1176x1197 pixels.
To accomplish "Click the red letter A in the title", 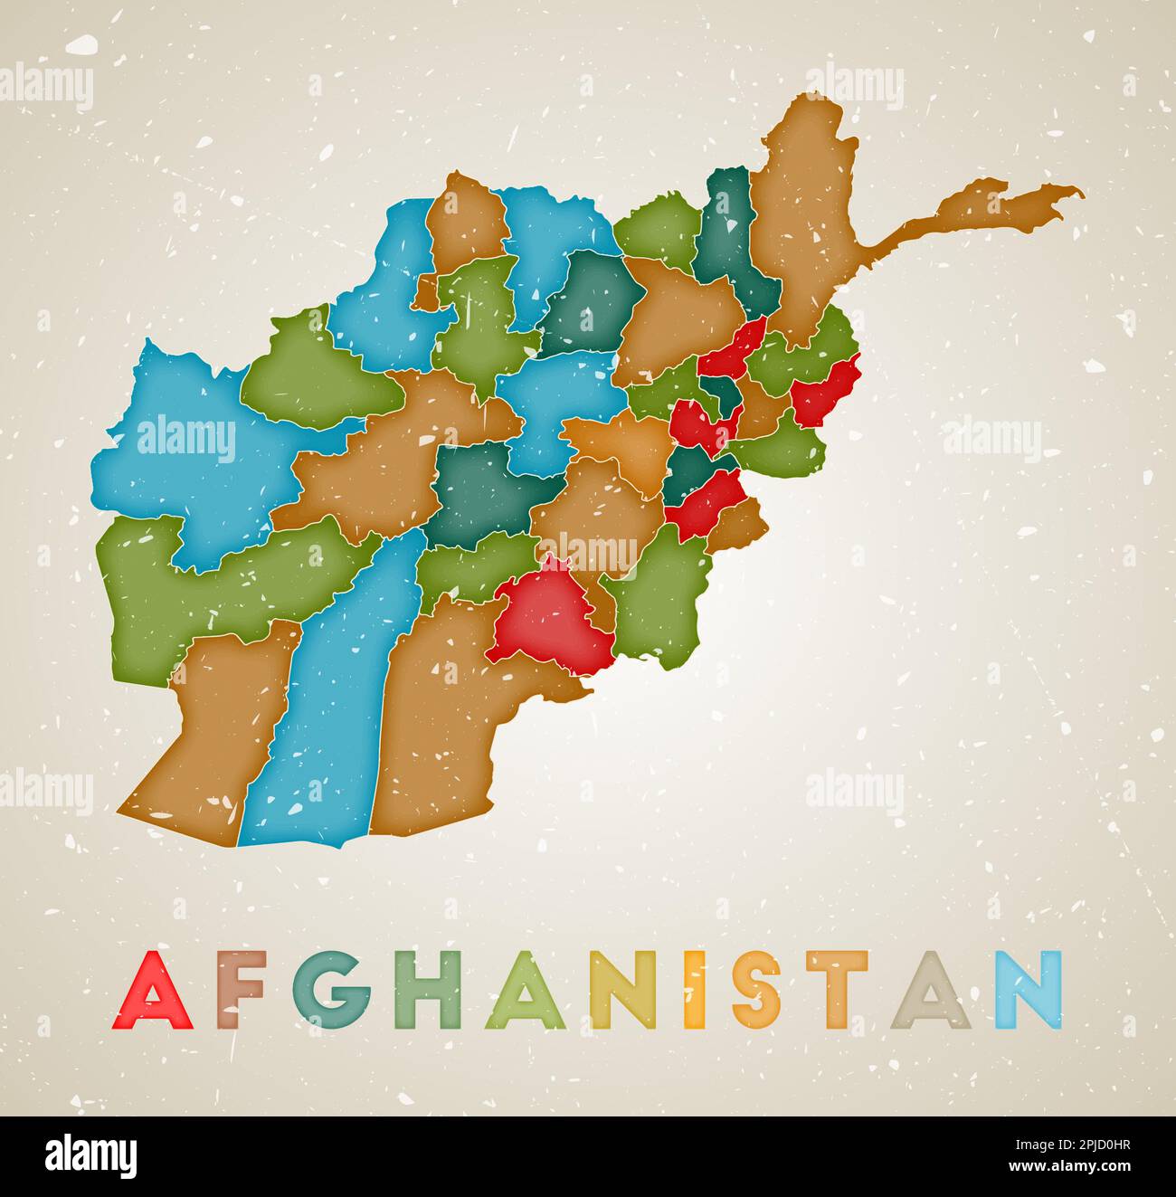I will tap(152, 990).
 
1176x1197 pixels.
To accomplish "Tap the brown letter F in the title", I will tap(239, 990).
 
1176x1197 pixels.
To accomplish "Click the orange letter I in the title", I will tap(694, 990).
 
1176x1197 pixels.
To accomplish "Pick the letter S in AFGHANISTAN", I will tap(756, 990).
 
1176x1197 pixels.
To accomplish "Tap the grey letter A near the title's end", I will tap(930, 990).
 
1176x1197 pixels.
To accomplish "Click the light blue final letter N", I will tap(1029, 990).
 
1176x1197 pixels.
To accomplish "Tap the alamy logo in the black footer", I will tap(91, 1156).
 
